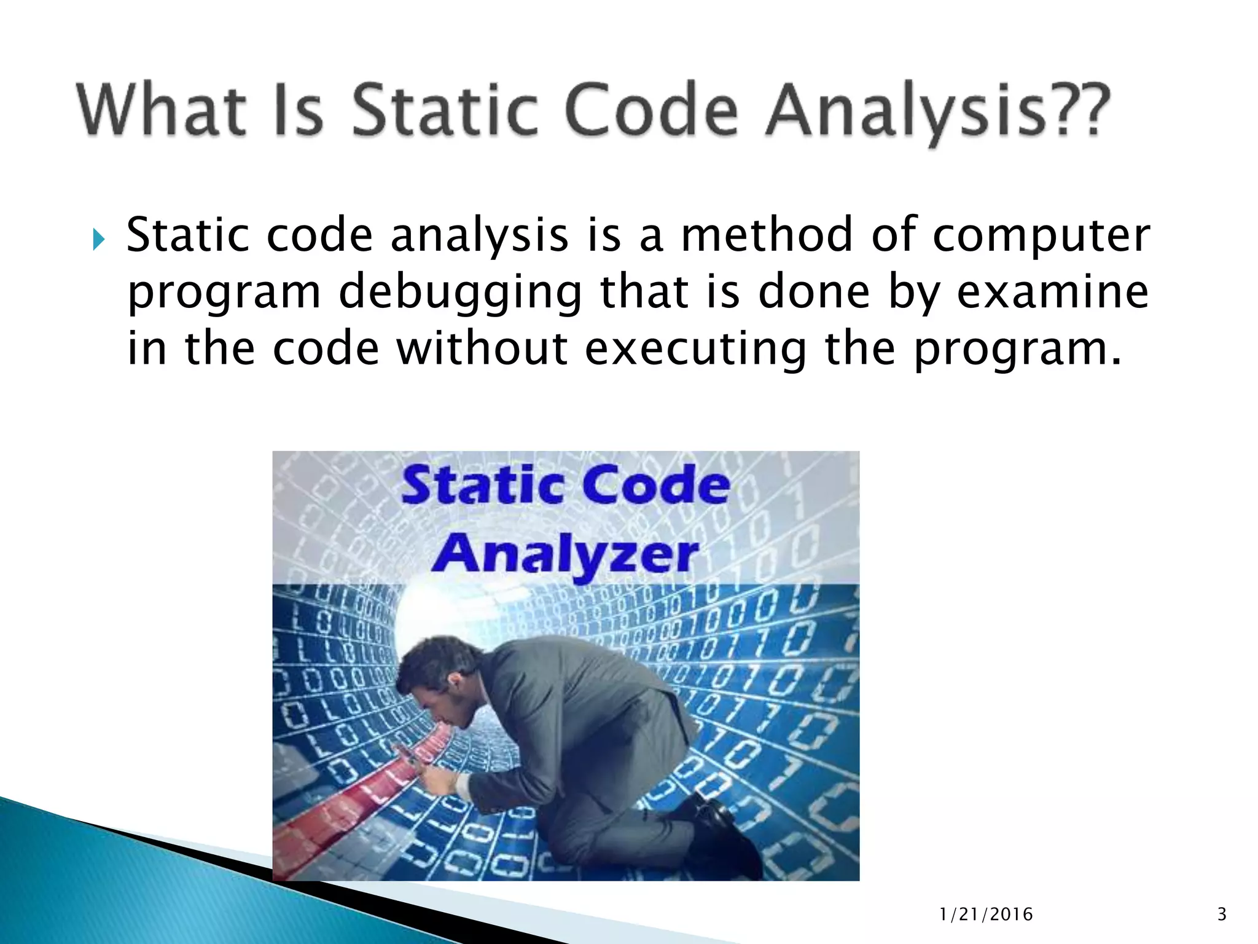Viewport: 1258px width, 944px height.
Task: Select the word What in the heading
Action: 162,111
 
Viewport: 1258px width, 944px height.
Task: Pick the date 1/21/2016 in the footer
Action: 986,914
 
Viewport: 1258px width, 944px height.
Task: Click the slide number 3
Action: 1221,914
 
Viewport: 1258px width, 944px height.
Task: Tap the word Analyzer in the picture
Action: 565,554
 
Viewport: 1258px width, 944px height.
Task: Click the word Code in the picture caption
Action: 655,486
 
